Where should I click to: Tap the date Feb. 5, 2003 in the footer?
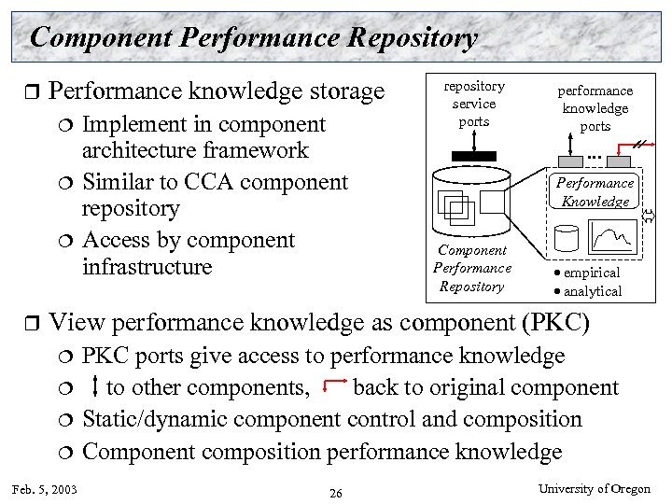coord(44,489)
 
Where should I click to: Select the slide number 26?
coord(336,492)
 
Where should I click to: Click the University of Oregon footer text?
coord(595,489)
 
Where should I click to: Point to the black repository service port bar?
coord(474,153)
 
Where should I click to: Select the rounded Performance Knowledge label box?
coord(595,192)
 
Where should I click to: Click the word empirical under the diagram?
coord(592,273)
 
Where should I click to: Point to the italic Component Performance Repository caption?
coord(472,269)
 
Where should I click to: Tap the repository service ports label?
coord(474,104)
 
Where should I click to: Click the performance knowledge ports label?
coord(595,108)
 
